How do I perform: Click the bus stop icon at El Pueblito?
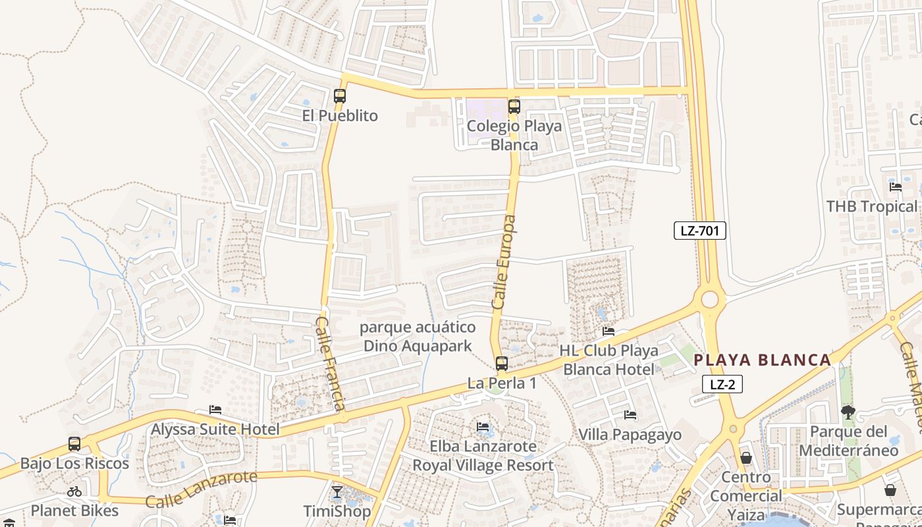(x=340, y=96)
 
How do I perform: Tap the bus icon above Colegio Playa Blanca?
(x=514, y=106)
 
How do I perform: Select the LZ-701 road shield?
(x=699, y=231)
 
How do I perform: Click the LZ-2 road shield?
(x=722, y=385)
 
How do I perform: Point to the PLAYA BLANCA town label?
(x=763, y=360)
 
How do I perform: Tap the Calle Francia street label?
(x=331, y=364)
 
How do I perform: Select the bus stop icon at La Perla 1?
(x=502, y=363)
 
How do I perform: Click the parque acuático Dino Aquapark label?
(x=418, y=337)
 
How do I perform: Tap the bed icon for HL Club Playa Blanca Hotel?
(x=609, y=331)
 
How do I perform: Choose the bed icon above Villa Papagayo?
(x=630, y=415)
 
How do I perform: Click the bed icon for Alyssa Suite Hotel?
(x=215, y=410)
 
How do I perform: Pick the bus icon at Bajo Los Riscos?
(x=74, y=444)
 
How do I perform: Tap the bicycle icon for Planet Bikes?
(x=74, y=491)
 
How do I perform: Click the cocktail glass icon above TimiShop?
(x=337, y=491)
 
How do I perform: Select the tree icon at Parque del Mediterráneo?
(x=848, y=412)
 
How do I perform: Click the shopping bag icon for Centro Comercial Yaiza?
(x=746, y=457)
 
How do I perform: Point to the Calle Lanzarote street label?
(x=201, y=489)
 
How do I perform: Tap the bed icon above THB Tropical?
(x=895, y=186)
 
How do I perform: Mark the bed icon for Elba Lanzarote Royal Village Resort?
(x=483, y=427)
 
